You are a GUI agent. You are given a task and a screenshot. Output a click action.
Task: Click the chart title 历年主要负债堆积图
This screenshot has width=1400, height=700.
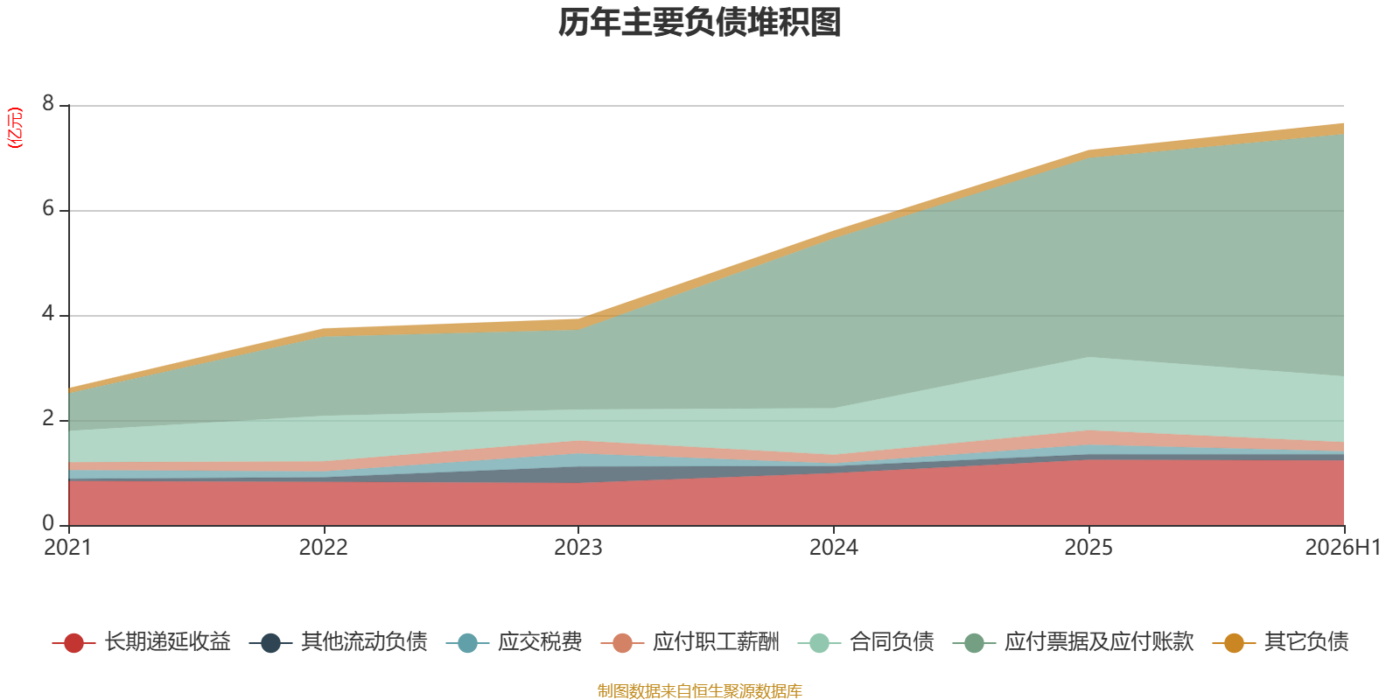[x=699, y=23]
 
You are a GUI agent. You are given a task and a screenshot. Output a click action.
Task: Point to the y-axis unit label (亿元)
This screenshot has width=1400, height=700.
[x=14, y=128]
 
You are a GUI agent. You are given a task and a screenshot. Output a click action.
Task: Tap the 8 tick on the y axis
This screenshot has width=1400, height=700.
[x=48, y=104]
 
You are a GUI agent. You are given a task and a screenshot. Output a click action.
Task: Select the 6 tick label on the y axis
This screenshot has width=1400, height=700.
[x=48, y=209]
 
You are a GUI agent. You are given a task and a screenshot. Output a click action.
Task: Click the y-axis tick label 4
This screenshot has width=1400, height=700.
[x=48, y=314]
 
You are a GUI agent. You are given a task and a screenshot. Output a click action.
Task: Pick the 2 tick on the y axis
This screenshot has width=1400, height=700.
[x=48, y=419]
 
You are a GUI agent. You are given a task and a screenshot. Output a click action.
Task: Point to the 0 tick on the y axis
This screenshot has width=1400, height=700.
[x=48, y=524]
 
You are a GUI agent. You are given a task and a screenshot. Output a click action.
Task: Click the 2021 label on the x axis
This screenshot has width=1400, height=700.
[x=68, y=548]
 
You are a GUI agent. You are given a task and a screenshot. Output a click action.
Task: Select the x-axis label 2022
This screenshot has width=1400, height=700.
[x=323, y=548]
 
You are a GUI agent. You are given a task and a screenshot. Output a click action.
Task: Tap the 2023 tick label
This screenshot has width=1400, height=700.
[x=578, y=548]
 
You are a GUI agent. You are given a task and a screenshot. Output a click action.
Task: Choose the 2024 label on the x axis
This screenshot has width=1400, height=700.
[x=834, y=548]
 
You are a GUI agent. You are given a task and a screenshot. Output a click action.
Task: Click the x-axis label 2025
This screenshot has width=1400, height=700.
[x=1088, y=548]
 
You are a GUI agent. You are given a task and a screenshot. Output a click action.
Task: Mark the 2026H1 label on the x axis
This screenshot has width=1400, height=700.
[x=1342, y=548]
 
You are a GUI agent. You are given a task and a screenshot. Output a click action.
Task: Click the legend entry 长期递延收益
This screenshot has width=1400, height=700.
[x=142, y=642]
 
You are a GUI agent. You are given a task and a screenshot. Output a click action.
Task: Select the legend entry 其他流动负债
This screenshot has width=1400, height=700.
[x=338, y=642]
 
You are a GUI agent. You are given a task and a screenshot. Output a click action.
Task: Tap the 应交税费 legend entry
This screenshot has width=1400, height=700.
[x=514, y=642]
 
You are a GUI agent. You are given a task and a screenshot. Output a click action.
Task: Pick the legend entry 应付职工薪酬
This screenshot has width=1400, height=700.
[x=690, y=642]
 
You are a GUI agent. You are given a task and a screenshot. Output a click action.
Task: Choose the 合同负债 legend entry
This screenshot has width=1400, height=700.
[x=866, y=642]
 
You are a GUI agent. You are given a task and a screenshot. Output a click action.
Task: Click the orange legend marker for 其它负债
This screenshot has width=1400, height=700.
[x=1234, y=642]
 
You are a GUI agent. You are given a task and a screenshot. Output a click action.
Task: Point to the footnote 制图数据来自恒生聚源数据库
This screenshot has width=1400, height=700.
[x=699, y=690]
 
